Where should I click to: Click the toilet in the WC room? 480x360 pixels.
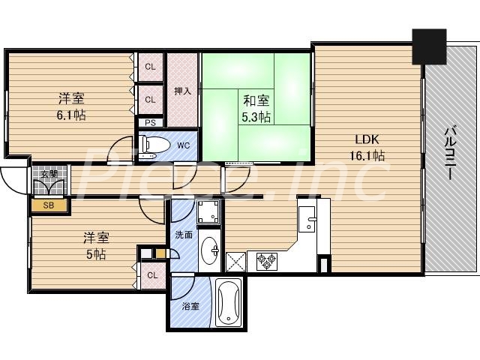click(x=153, y=145)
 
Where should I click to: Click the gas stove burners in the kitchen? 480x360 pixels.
click(x=268, y=261)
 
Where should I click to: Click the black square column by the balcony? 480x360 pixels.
click(x=428, y=46)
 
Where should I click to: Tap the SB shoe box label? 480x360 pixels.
click(x=48, y=204)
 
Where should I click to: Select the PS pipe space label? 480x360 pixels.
click(x=151, y=123)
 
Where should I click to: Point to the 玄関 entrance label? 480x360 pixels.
click(x=49, y=174)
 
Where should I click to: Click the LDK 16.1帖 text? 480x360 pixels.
click(x=367, y=147)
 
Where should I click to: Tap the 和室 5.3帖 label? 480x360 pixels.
click(x=255, y=108)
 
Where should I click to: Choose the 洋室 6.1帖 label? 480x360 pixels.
click(x=71, y=106)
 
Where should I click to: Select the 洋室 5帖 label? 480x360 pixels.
click(x=94, y=246)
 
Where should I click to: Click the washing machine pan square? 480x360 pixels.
click(x=209, y=213)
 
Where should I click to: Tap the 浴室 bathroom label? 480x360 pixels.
click(x=190, y=306)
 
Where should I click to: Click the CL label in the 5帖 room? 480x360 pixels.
click(x=152, y=274)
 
